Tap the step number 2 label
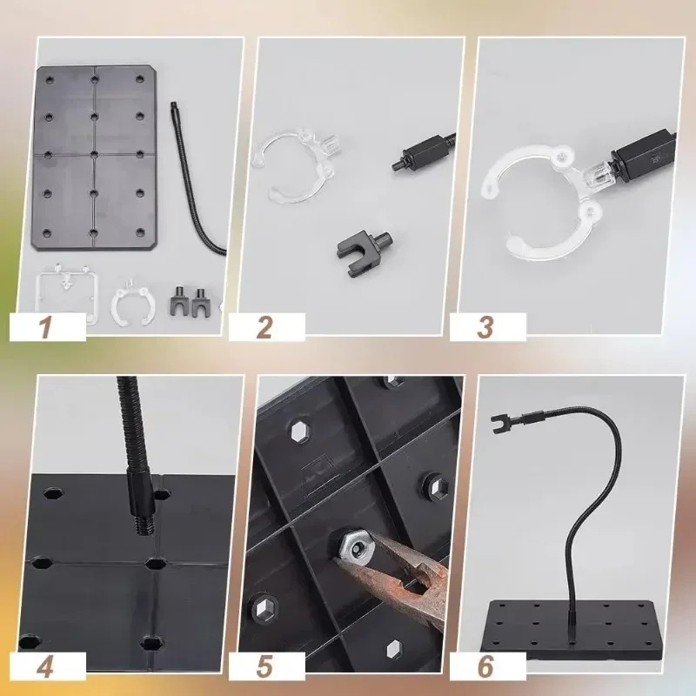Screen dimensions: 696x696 [x=264, y=328]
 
